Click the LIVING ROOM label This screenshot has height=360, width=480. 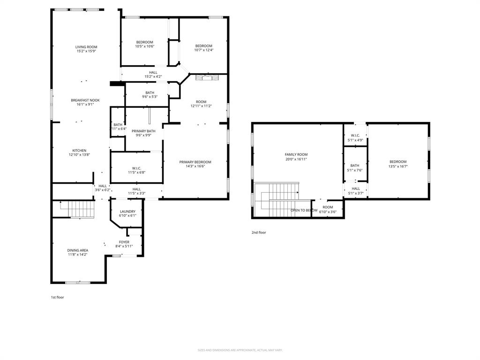click(86, 47)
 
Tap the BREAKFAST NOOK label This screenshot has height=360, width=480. click(85, 100)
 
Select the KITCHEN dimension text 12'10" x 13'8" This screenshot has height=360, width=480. click(79, 155)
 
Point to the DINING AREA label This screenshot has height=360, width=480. click(77, 250)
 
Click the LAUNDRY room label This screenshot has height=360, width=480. click(127, 211)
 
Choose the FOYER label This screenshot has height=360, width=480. click(124, 242)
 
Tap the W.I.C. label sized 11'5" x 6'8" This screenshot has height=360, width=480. click(136, 168)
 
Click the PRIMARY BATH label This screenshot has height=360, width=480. click(143, 131)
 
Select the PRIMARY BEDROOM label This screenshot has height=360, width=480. click(195, 162)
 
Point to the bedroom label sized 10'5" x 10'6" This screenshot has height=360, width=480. click(144, 42)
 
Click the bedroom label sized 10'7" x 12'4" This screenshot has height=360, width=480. click(203, 46)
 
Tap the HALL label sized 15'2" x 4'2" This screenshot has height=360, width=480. click(153, 73)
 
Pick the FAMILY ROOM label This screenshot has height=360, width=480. click(296, 155)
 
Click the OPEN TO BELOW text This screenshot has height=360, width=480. click(304, 210)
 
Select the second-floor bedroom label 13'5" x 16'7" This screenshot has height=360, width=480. click(397, 162)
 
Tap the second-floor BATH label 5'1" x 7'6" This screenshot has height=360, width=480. click(355, 165)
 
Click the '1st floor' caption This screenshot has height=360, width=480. click(57, 297)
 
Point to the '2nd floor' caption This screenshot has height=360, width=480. click(259, 232)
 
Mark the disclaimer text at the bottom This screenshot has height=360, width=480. click(240, 350)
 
